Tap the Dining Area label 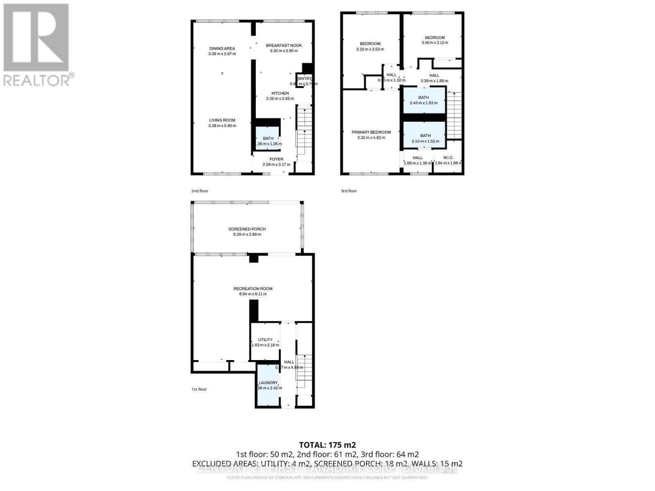(x=222, y=49)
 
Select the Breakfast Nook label (x=284, y=45)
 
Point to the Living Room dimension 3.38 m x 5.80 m (x=222, y=126)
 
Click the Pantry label (x=304, y=79)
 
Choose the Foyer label (x=276, y=159)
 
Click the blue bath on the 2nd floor (x=268, y=139)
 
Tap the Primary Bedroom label (x=371, y=132)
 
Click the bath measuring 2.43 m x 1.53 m (x=424, y=100)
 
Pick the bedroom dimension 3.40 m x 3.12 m (x=435, y=43)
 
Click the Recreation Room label (x=253, y=288)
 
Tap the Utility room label (x=265, y=340)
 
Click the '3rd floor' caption (x=349, y=191)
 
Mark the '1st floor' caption (x=199, y=389)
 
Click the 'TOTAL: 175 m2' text (x=327, y=445)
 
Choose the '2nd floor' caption (x=199, y=191)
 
